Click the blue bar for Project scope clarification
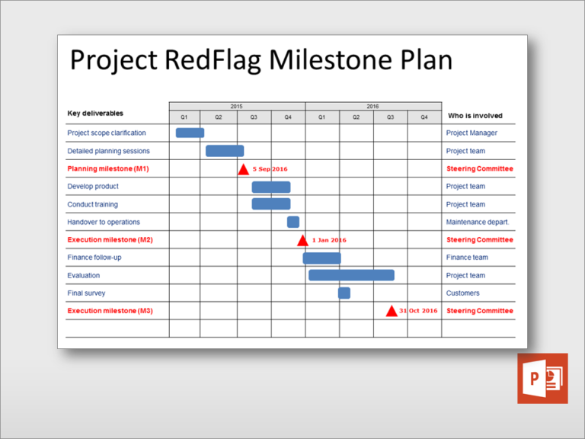click(x=190, y=133)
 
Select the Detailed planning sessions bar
click(x=225, y=151)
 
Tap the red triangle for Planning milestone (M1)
click(x=243, y=169)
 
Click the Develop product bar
click(x=271, y=187)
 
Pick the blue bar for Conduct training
click(x=271, y=203)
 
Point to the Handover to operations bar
click(x=292, y=222)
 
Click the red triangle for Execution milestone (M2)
click(x=302, y=240)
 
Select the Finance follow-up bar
click(x=321, y=258)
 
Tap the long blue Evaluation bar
click(x=351, y=275)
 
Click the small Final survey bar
click(x=344, y=293)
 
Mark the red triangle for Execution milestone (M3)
click(x=392, y=311)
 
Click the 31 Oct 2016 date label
click(x=418, y=311)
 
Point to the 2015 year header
click(x=237, y=107)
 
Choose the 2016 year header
click(x=372, y=107)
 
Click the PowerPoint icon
click(x=542, y=379)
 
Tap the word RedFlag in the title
click(x=213, y=59)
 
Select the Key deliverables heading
click(x=95, y=113)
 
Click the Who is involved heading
click(x=475, y=116)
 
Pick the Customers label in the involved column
click(x=462, y=293)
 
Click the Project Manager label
click(x=472, y=133)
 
